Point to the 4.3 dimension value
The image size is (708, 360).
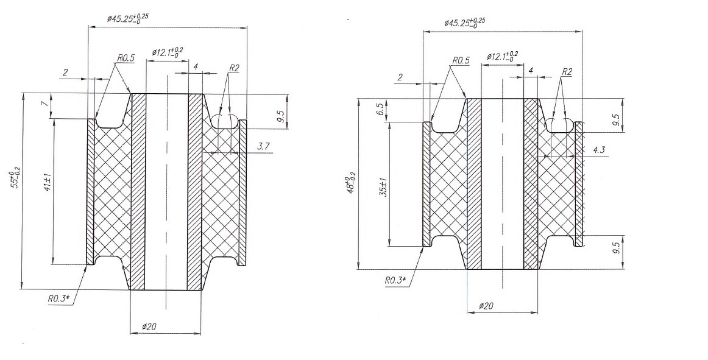click(599, 150)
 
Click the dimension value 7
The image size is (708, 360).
click(43, 104)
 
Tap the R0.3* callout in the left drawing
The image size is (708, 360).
click(58, 298)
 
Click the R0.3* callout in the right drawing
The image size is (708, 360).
click(395, 280)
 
